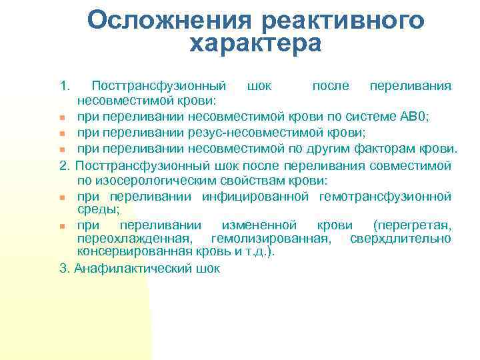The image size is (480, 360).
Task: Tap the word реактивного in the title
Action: (343, 20)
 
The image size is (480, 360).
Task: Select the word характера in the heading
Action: (255, 44)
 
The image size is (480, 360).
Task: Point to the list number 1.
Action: (64, 86)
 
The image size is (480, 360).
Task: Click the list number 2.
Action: (64, 165)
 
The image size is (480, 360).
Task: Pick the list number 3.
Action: (64, 269)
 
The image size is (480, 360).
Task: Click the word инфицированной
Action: (255, 196)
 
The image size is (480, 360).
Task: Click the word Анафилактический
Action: (130, 269)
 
